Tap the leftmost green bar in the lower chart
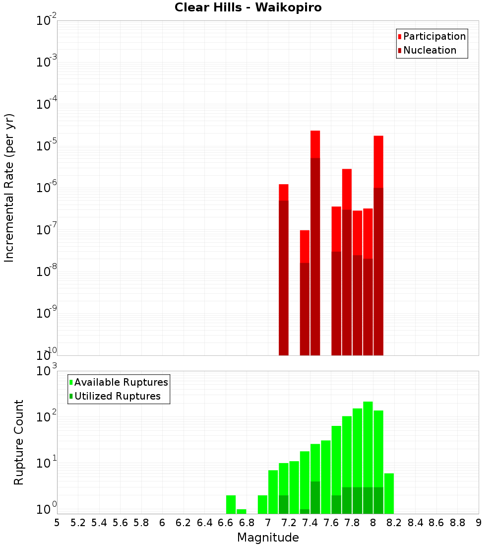[x=231, y=504]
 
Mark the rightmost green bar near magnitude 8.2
[x=389, y=493]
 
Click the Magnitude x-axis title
[x=268, y=538]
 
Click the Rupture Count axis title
[x=19, y=442]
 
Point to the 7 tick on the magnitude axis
[x=268, y=523]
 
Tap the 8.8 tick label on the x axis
[x=457, y=523]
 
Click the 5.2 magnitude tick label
[x=78, y=523]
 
